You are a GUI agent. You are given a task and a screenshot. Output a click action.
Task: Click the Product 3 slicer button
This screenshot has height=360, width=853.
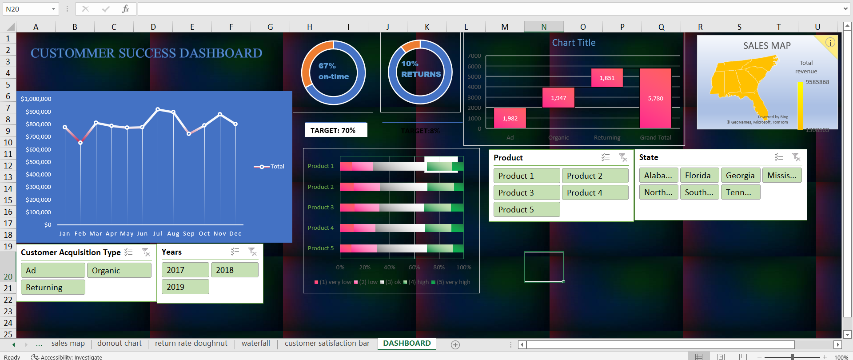click(x=526, y=192)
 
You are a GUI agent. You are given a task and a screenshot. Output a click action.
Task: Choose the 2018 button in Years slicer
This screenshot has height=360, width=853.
click(x=234, y=270)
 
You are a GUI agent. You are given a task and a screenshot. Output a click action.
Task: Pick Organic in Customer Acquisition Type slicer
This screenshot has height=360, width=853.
click(x=119, y=270)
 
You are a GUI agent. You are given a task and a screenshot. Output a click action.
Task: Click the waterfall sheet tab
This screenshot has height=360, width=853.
click(x=255, y=343)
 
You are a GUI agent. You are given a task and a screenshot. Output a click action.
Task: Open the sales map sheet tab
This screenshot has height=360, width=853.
click(x=68, y=343)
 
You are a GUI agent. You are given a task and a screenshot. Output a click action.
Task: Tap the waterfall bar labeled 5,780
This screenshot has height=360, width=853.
click(x=655, y=98)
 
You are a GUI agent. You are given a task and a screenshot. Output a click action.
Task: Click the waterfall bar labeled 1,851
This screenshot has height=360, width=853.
click(x=607, y=78)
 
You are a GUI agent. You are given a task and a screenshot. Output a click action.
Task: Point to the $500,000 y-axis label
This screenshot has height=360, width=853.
click(x=38, y=162)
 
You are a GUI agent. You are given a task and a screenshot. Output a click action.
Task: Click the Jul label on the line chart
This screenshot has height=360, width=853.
click(x=158, y=233)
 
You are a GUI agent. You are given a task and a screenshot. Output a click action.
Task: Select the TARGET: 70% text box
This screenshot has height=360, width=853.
click(x=336, y=130)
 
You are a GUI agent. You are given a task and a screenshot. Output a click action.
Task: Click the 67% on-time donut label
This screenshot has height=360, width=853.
click(x=333, y=71)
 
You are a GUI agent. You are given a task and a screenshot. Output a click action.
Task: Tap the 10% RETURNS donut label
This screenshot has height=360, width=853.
click(x=421, y=69)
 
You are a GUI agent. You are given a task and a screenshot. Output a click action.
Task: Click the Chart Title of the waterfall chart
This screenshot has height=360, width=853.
click(x=574, y=43)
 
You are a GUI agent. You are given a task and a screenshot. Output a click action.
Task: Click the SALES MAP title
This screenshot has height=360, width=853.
click(x=767, y=46)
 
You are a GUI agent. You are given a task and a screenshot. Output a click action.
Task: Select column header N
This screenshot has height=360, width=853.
click(x=544, y=27)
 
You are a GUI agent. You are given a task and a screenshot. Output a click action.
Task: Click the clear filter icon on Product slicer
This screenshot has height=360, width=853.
click(x=623, y=157)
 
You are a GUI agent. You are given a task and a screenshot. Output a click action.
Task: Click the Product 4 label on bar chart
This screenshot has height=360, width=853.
click(x=321, y=228)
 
